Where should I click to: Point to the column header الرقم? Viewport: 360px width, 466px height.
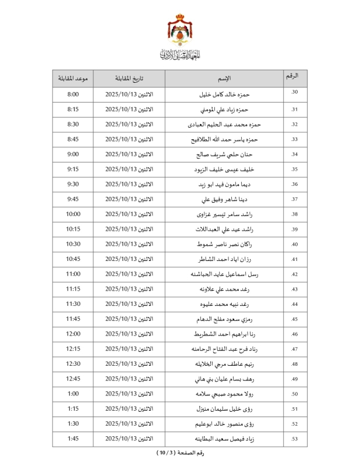point(295,76)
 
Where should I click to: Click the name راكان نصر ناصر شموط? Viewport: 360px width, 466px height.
point(225,244)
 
